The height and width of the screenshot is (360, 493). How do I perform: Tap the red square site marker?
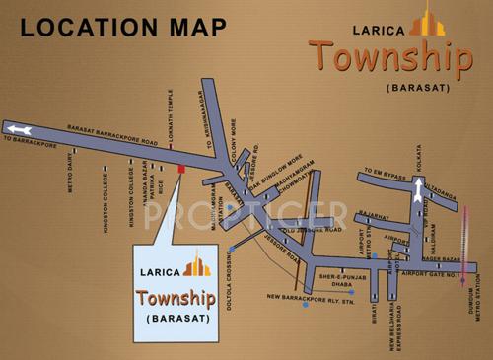pos(180,170)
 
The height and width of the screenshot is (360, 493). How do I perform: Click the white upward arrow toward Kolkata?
pos(418,193)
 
